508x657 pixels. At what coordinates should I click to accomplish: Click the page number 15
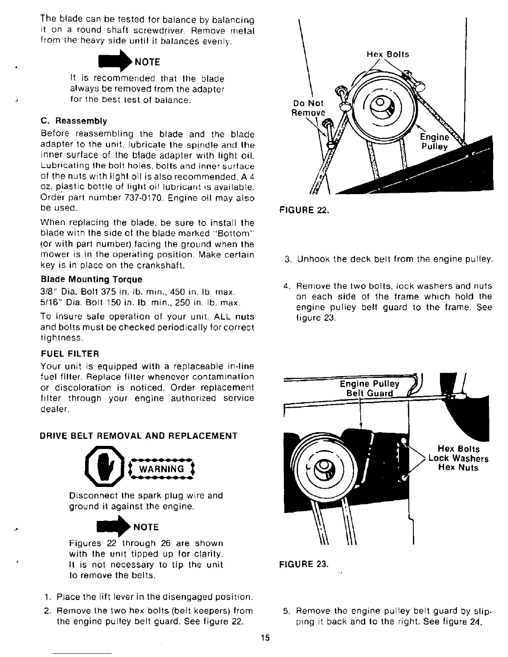[x=266, y=638]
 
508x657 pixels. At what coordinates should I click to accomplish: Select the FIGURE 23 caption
[x=303, y=564]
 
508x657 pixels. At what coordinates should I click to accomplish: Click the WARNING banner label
[x=161, y=469]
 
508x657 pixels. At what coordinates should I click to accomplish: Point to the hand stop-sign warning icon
[x=105, y=466]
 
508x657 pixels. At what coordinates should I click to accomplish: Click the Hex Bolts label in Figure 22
[x=388, y=54]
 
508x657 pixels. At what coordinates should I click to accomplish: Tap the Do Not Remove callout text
[x=308, y=108]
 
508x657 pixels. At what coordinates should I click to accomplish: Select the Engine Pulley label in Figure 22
[x=435, y=142]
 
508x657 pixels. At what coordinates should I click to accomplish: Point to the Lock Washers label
[x=458, y=458]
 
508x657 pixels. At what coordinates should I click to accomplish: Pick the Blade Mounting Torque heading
[x=91, y=279]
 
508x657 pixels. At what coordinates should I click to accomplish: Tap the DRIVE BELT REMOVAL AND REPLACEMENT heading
[x=139, y=436]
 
